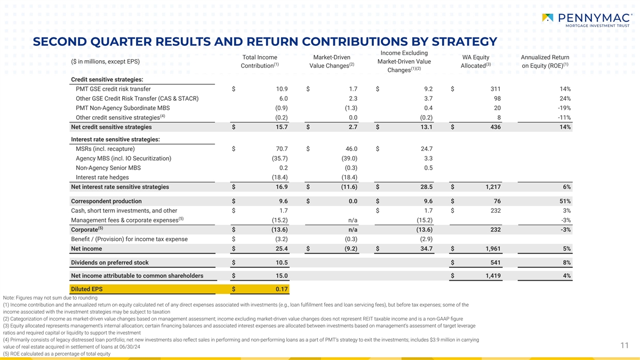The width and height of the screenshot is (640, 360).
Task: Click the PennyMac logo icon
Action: coord(548,18)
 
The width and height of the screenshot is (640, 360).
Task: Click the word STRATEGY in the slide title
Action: coord(456,42)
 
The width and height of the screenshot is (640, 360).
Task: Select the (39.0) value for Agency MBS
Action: coord(349,158)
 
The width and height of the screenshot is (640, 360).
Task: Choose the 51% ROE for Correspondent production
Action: coord(565,201)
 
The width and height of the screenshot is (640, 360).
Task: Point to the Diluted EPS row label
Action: coord(86,290)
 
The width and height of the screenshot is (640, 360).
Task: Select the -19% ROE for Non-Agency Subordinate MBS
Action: coord(564,108)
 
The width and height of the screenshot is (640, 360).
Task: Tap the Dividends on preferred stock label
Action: coord(110,262)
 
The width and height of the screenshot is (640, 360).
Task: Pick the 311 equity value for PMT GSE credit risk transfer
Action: coord(494,89)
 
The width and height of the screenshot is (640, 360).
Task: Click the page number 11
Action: coord(625,346)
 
